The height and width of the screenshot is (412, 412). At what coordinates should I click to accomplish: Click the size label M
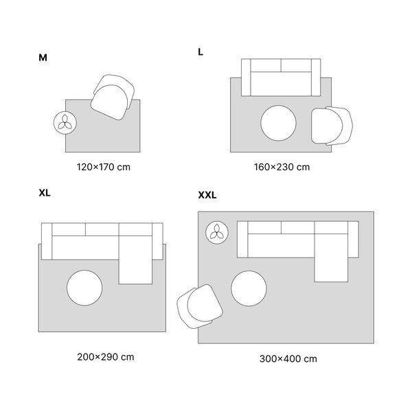(43, 58)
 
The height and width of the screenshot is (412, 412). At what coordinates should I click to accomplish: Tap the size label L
(201, 52)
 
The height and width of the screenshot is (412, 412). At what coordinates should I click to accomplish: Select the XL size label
(45, 193)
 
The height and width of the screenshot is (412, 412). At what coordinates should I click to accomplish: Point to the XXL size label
(207, 195)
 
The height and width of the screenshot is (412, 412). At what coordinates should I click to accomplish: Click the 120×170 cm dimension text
(104, 167)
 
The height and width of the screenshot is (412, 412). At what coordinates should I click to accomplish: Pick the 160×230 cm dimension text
(282, 167)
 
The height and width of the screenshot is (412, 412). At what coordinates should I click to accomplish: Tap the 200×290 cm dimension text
(106, 357)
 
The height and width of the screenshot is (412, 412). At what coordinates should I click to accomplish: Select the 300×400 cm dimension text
(288, 359)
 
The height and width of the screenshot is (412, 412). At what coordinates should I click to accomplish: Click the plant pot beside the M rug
(65, 123)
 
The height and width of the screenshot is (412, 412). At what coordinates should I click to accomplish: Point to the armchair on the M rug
(113, 98)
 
